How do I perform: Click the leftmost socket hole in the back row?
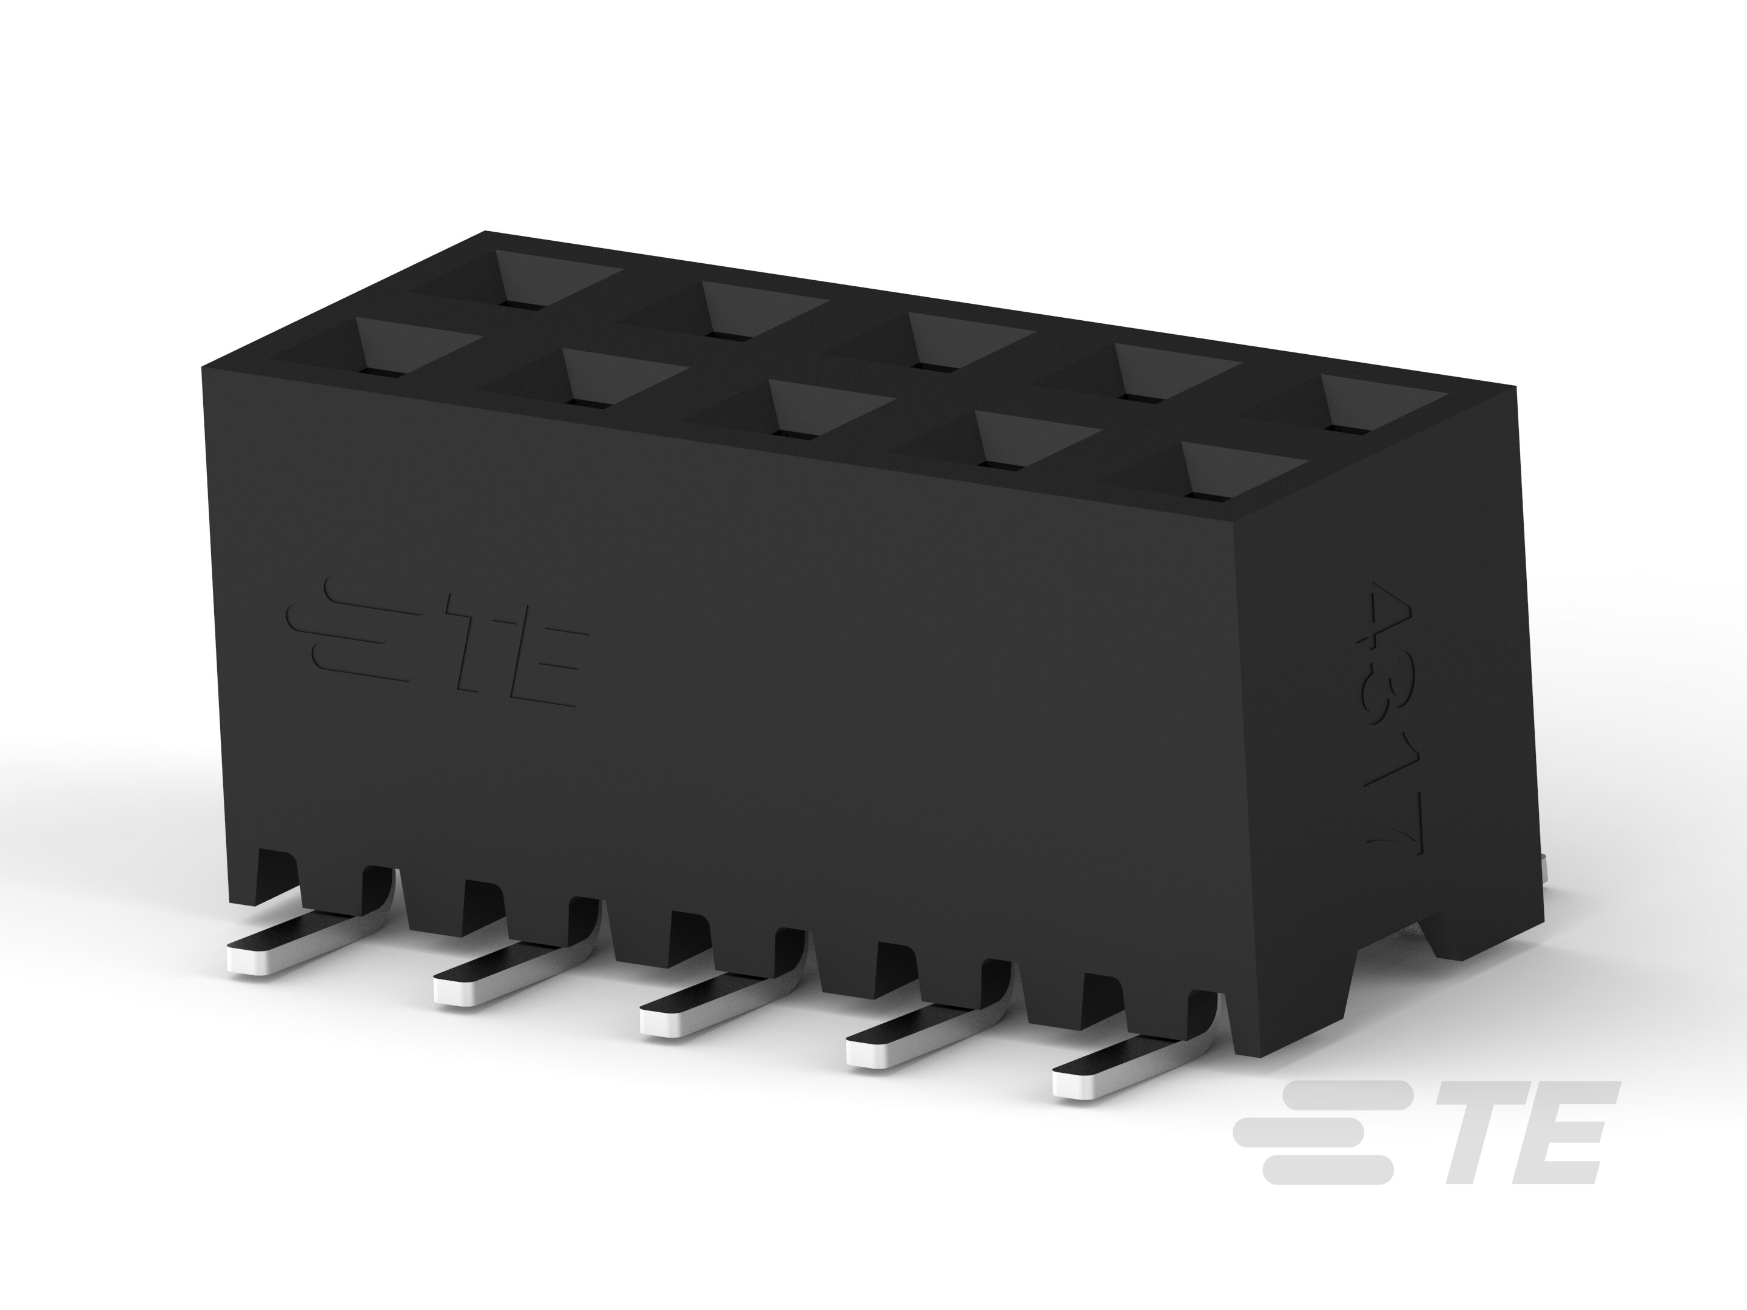click(517, 284)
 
